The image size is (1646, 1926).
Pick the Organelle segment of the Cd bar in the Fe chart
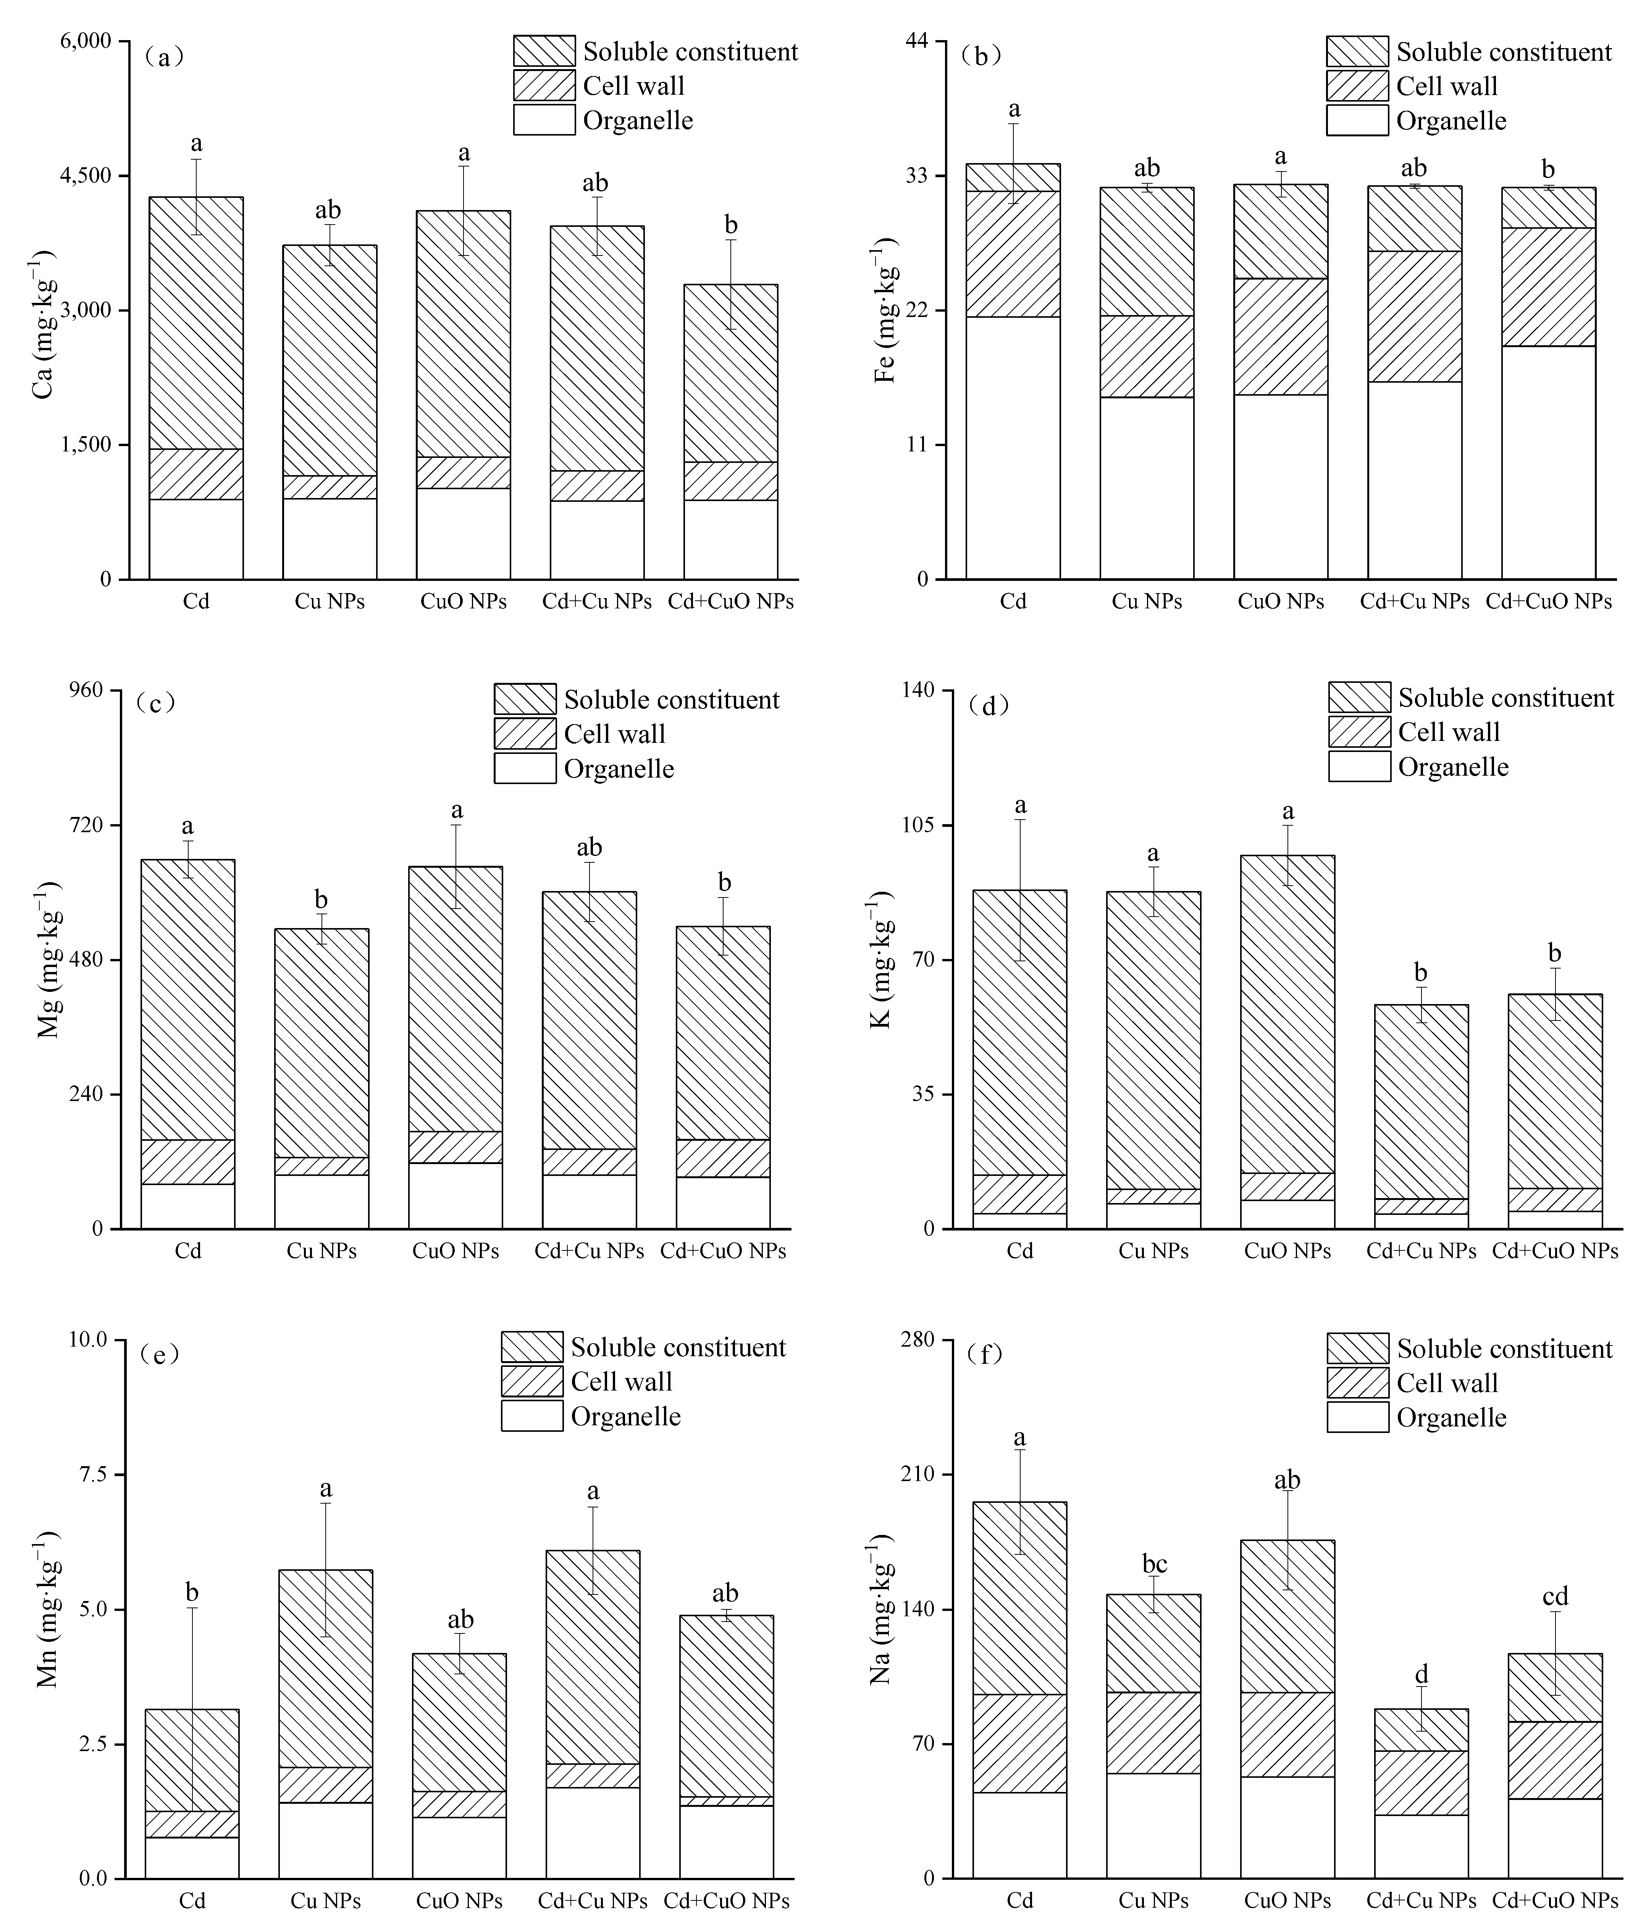[x=1013, y=448]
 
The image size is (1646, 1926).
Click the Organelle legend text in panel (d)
[x=1453, y=767]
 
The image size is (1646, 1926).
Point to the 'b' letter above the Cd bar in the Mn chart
[x=192, y=1593]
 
